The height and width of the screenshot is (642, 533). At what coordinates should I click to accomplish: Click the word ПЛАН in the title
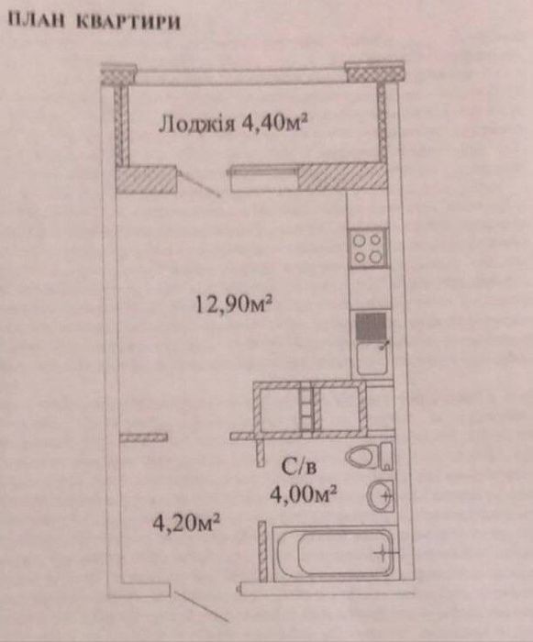click(37, 20)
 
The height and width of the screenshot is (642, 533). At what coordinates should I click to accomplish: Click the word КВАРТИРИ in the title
click(128, 22)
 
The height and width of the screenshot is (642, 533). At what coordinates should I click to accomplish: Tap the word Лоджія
click(197, 124)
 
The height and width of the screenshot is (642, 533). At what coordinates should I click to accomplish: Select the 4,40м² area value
click(275, 122)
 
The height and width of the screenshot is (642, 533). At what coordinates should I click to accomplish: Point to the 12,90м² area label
click(234, 305)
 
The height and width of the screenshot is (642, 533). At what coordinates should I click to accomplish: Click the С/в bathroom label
click(299, 467)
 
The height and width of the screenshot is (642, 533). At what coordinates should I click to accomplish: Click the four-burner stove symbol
click(368, 249)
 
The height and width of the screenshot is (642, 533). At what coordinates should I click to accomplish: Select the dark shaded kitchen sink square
click(371, 327)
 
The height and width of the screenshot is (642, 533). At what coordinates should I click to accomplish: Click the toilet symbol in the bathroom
click(369, 456)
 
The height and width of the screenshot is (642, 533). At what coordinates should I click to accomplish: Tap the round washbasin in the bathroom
click(380, 496)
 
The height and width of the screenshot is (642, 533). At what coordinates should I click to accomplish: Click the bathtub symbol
click(335, 553)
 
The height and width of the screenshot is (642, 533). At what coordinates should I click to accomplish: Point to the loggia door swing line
click(199, 184)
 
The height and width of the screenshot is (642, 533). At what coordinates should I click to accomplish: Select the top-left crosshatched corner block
click(119, 73)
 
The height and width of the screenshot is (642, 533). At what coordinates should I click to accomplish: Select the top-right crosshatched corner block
click(374, 72)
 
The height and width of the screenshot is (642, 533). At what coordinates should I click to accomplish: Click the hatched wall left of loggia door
click(146, 180)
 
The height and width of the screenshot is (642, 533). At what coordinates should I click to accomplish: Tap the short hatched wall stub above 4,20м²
click(143, 437)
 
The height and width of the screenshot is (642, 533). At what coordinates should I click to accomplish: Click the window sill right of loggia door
click(262, 179)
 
